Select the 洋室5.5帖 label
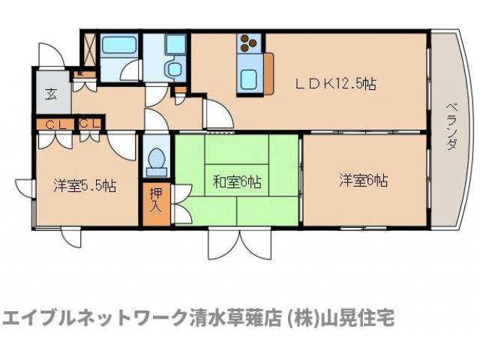[x=84, y=184]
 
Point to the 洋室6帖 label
[x=363, y=180]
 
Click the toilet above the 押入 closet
[x=157, y=160]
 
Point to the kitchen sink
[x=248, y=76]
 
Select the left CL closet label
[x=53, y=124]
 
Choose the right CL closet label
[x=89, y=124]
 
